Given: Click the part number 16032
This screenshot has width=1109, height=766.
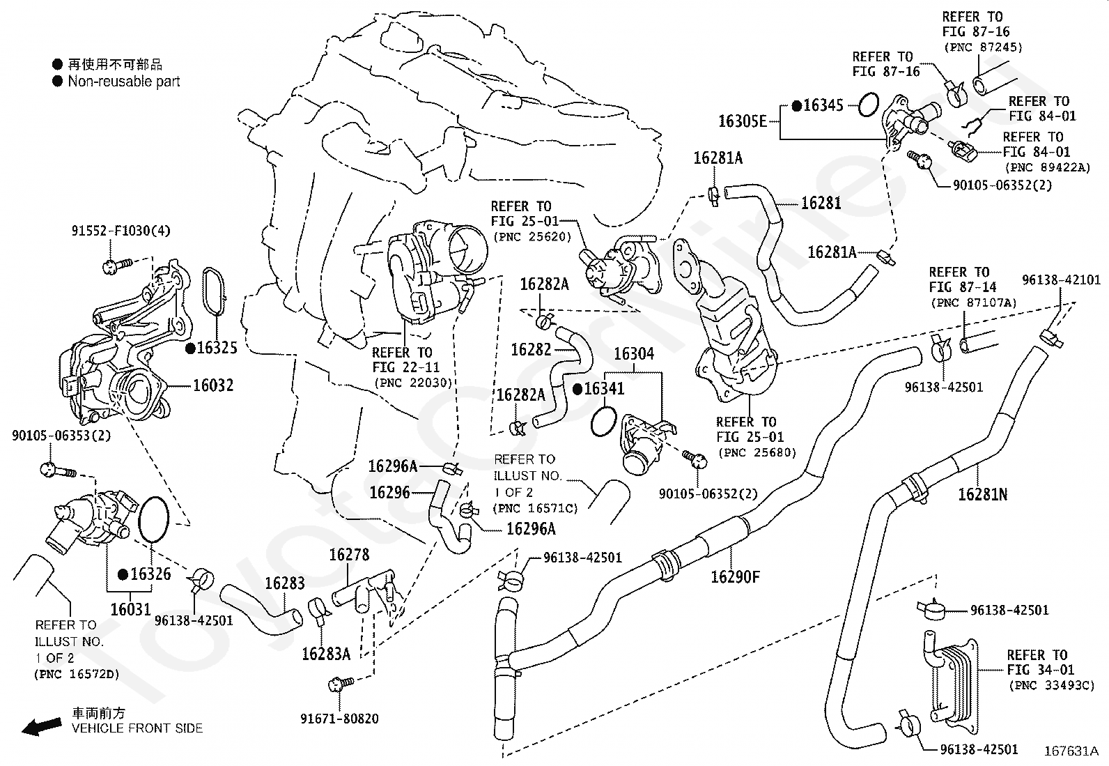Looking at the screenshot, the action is pyautogui.click(x=213, y=385).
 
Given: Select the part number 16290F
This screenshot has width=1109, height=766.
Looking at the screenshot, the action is pyautogui.click(x=735, y=576).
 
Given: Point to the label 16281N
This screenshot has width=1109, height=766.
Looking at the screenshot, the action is pyautogui.click(x=983, y=494).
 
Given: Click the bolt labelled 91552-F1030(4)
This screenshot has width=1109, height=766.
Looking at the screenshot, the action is pyautogui.click(x=117, y=265).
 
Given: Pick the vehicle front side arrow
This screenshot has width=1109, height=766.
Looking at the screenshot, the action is pyautogui.click(x=42, y=726).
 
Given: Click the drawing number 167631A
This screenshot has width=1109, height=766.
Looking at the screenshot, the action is pyautogui.click(x=1071, y=751).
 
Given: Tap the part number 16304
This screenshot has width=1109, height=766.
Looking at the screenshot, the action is pyautogui.click(x=634, y=354).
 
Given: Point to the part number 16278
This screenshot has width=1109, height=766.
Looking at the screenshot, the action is pyautogui.click(x=349, y=555).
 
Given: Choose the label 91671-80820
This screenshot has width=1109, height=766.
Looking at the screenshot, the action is pyautogui.click(x=339, y=719).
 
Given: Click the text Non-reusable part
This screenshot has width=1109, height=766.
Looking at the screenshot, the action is pyautogui.click(x=124, y=82).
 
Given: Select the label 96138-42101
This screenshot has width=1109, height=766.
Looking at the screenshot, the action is pyautogui.click(x=1061, y=280).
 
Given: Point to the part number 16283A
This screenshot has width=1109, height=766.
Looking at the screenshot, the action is pyautogui.click(x=326, y=654).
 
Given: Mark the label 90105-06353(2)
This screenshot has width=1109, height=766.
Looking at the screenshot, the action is pyautogui.click(x=61, y=436).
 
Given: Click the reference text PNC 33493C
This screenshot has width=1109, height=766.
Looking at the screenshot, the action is pyautogui.click(x=1052, y=685).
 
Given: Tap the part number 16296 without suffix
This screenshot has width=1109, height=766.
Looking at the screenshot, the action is pyautogui.click(x=389, y=493).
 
